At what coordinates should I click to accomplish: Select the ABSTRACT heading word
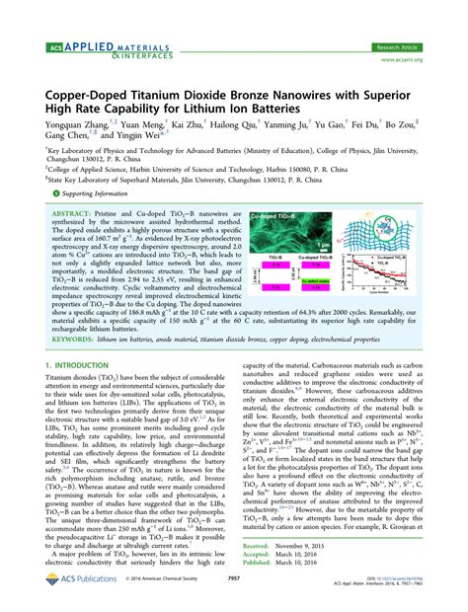pyautogui.click(x=72, y=212)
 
